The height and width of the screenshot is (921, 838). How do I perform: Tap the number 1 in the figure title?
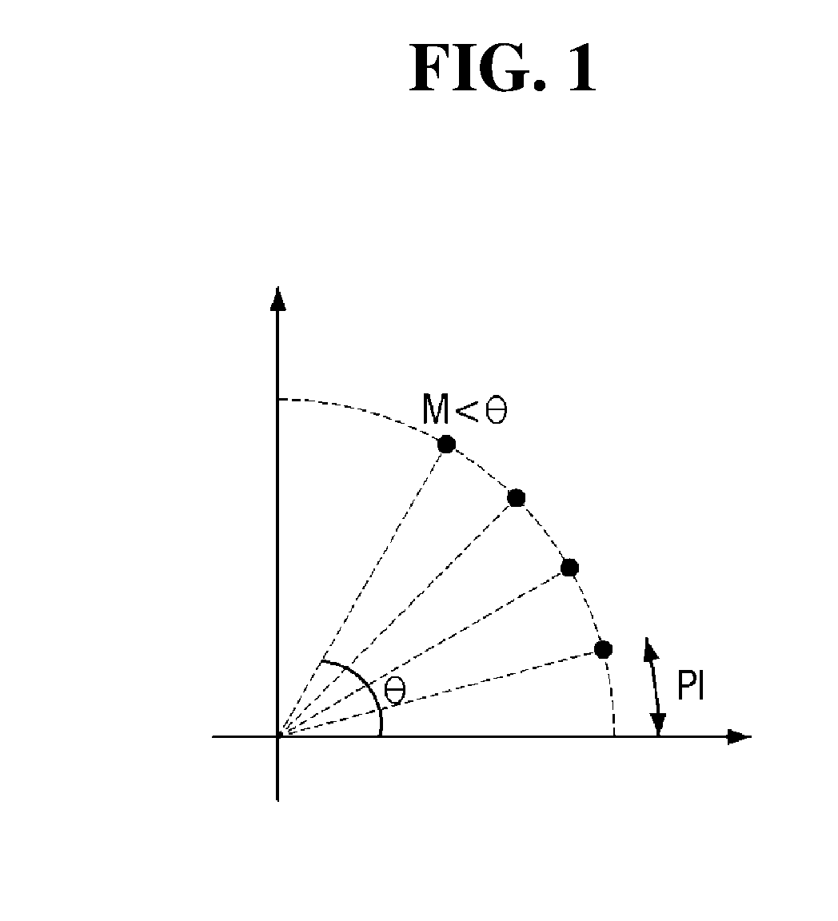(582, 69)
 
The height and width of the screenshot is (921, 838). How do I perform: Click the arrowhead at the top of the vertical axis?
(277, 298)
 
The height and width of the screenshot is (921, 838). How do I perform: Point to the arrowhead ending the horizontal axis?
(740, 736)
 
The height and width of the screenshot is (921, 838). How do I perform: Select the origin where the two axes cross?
(277, 736)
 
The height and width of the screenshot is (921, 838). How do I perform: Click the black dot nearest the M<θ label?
(447, 444)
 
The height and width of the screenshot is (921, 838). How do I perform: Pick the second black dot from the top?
(516, 498)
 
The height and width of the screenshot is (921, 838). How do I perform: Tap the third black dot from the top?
(569, 568)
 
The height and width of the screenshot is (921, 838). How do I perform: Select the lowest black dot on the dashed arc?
(603, 649)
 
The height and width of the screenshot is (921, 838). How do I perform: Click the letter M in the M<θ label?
(436, 409)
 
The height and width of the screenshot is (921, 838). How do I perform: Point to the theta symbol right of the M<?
(496, 409)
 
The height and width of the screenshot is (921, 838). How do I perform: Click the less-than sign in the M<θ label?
(467, 410)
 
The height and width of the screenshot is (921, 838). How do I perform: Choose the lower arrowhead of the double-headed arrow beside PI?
(658, 724)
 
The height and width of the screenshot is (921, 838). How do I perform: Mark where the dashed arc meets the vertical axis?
(277, 400)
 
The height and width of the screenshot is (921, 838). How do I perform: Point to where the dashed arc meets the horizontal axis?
(615, 736)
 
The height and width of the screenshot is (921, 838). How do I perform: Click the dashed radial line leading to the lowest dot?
(440, 692)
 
